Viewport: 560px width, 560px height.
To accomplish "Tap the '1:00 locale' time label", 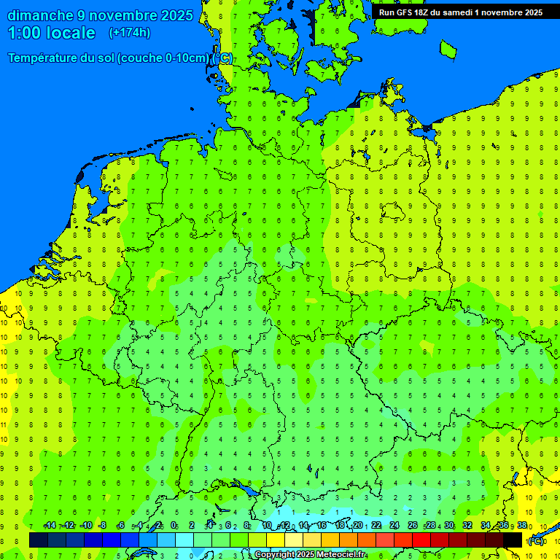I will point(51,33).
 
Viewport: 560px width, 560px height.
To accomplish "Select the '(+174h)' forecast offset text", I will point(129,33).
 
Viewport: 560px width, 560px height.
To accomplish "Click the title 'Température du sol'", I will point(61,58).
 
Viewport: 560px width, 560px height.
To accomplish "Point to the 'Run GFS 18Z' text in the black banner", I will point(405,12).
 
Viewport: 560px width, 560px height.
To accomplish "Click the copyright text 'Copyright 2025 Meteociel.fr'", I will point(311,555).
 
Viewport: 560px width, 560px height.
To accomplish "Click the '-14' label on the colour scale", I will point(50,526).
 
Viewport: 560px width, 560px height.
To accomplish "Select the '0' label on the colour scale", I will point(174,526).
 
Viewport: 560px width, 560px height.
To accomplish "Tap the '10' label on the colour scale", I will point(267,526).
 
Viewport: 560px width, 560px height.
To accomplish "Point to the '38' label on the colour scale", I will point(522,526).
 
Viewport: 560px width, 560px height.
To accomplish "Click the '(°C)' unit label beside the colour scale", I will point(536,541).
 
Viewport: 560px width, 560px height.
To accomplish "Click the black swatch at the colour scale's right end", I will point(513,540).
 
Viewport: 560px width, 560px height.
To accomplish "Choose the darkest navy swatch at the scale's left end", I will point(39,540).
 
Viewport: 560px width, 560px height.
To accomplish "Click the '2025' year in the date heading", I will point(176,15).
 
